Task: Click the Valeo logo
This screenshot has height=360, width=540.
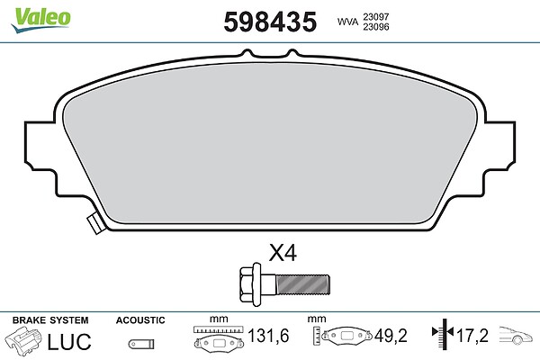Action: pyautogui.click(x=40, y=20)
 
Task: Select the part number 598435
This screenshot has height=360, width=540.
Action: pyautogui.click(x=270, y=22)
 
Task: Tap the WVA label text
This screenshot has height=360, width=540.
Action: pyautogui.click(x=347, y=22)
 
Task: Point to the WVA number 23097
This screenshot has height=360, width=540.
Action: pyautogui.click(x=375, y=16)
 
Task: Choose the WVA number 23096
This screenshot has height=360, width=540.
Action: pyautogui.click(x=375, y=27)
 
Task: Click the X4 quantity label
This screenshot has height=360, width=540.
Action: pyautogui.click(x=283, y=254)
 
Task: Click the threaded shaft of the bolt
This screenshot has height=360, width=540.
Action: pyautogui.click(x=302, y=284)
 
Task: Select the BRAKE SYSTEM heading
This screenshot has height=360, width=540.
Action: pyautogui.click(x=50, y=320)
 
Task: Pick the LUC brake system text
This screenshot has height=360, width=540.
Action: pyautogui.click(x=69, y=342)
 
